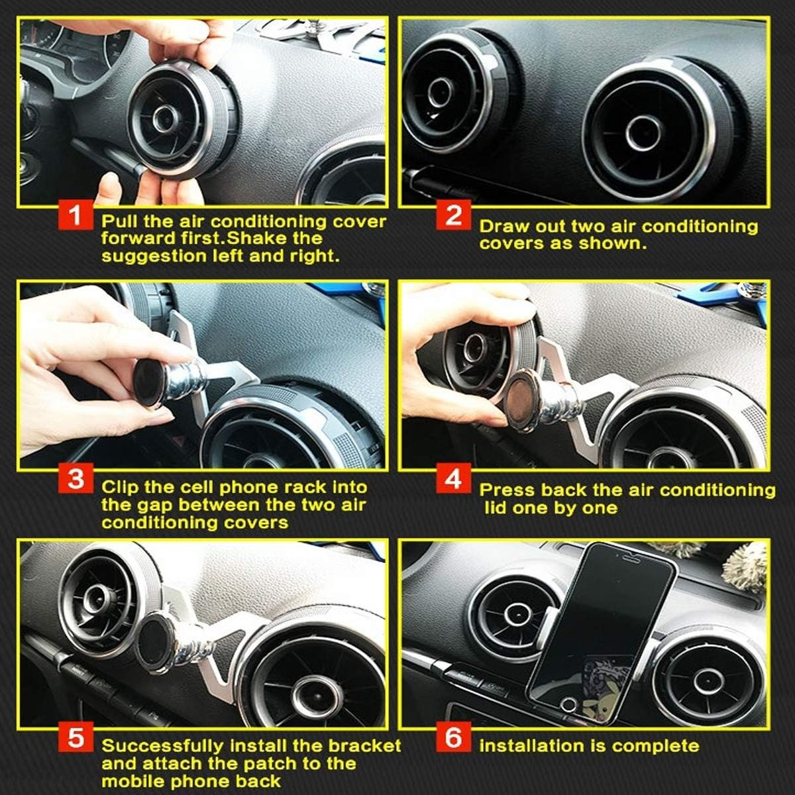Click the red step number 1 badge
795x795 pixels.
(76, 215)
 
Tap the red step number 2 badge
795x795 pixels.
(454, 216)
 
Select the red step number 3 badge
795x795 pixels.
(76, 478)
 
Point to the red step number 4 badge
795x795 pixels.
(454, 478)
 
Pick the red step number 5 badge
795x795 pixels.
(76, 738)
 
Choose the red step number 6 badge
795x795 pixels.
(454, 738)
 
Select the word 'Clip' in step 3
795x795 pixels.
(121, 488)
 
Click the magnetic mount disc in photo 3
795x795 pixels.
(150, 382)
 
